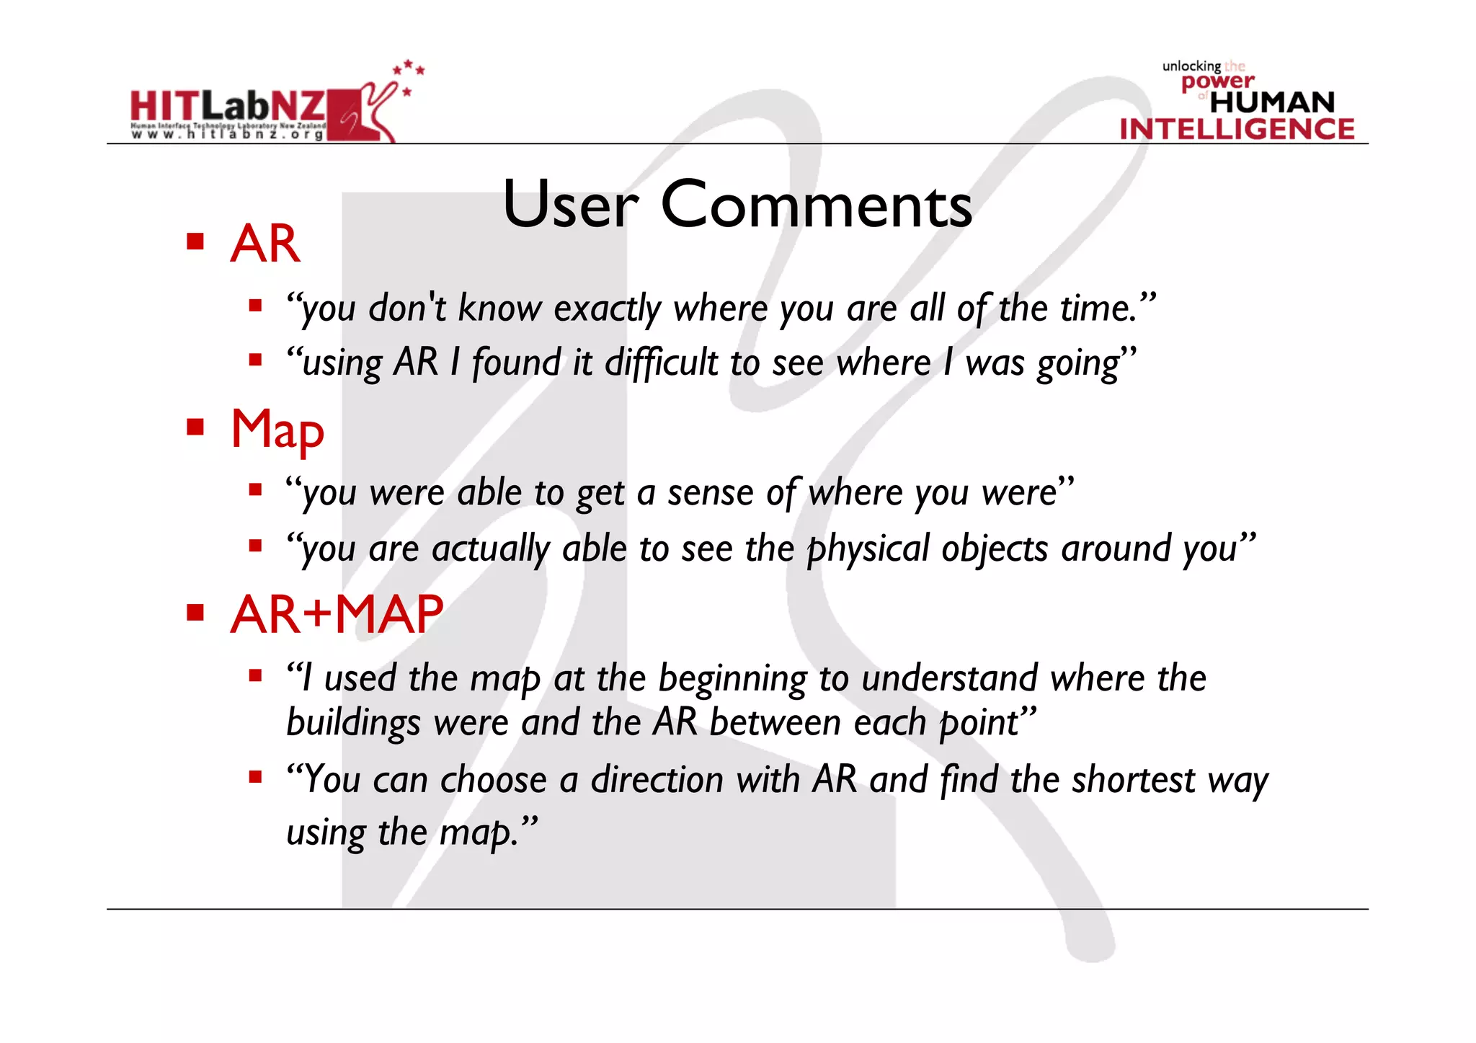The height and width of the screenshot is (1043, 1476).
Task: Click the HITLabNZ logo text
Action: coord(227,106)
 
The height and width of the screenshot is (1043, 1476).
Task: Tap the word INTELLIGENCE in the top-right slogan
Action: coord(1237,129)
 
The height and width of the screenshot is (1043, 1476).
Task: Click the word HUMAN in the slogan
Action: coord(1272,102)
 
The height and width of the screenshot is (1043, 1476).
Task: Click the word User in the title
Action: coord(570,205)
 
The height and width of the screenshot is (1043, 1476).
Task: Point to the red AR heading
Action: coord(264,244)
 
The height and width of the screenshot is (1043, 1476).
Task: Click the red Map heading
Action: coord(277,430)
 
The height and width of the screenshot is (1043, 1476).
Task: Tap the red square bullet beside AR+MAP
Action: coord(195,613)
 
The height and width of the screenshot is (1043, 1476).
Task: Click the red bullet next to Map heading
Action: coord(195,427)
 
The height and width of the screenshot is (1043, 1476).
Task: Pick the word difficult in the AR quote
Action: coord(661,362)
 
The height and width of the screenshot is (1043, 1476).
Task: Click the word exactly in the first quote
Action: coord(607,309)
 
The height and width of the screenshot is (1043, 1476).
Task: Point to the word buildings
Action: coord(352,723)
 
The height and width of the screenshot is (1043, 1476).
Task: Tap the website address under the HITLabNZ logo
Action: coord(227,135)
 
